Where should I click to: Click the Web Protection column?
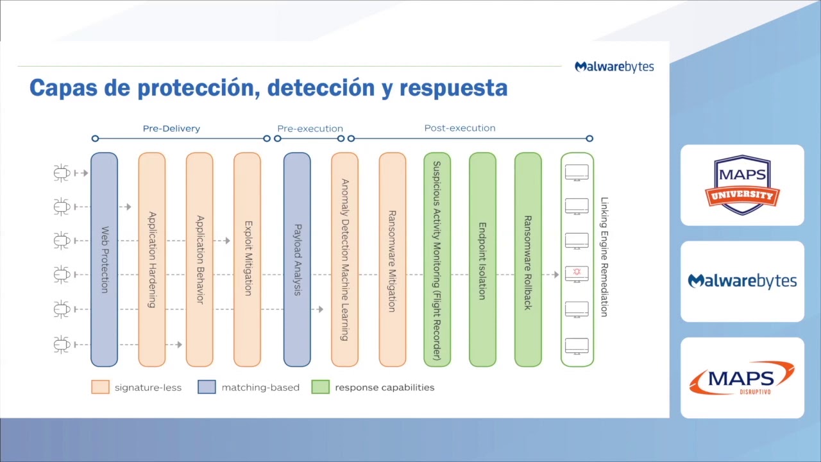(104, 259)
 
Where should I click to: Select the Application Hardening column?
(152, 259)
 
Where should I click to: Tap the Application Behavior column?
(199, 259)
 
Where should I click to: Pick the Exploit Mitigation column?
(247, 259)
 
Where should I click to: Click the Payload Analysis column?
(297, 259)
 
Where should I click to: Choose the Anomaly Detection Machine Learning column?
(344, 259)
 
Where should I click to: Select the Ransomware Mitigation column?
(392, 259)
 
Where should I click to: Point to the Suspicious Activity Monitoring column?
(437, 259)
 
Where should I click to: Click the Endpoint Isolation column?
(482, 259)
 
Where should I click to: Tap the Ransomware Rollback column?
(528, 259)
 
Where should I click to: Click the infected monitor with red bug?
(577, 273)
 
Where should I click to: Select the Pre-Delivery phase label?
(171, 128)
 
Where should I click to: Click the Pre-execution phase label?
(310, 128)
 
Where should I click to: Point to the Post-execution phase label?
(460, 128)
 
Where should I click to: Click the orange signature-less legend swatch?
(101, 387)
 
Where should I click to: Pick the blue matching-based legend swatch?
(207, 387)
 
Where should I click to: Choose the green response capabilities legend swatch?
(320, 387)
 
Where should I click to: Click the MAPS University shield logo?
(742, 185)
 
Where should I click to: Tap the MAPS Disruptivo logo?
(742, 377)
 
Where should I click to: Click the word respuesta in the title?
(453, 88)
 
